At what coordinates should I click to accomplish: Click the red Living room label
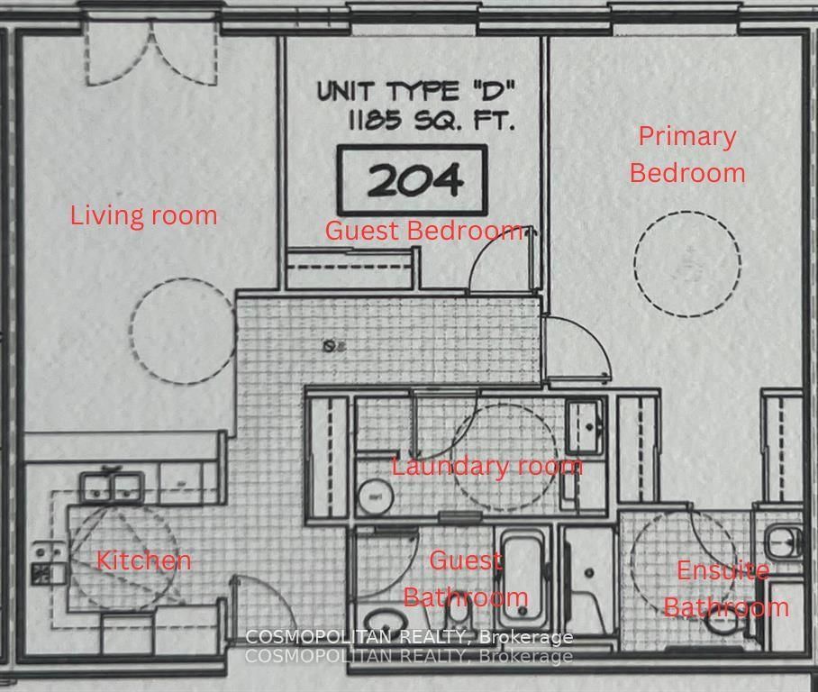point(144,216)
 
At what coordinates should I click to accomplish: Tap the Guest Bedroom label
point(423,231)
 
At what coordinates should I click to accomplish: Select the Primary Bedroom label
point(687,154)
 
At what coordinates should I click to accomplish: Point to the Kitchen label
point(144,560)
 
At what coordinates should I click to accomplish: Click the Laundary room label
point(486,466)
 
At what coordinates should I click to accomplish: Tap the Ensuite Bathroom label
point(725,588)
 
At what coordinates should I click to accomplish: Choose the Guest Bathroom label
point(465,578)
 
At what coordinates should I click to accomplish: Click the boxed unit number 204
point(413,180)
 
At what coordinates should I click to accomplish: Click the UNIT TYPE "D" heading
point(414,91)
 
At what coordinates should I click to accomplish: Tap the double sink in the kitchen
point(112,487)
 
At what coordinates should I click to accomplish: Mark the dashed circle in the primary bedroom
point(686,263)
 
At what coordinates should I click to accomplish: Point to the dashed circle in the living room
point(183,330)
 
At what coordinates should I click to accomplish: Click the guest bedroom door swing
point(501,261)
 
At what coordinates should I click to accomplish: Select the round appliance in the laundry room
point(371,495)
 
